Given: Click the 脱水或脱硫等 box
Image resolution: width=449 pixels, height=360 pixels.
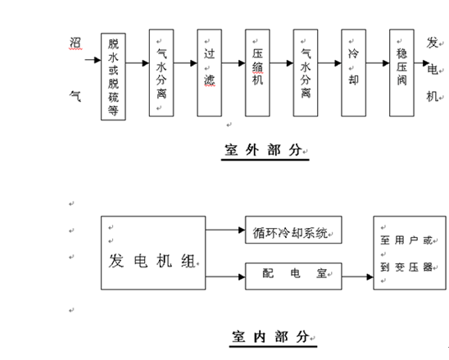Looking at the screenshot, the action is coord(113,76).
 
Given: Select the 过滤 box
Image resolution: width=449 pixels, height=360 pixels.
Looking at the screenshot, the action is coord(209,73).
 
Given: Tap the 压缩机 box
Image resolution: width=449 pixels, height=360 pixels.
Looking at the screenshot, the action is coord(257,73).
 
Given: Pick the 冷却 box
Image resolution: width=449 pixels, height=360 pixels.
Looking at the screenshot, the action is coord(354,73).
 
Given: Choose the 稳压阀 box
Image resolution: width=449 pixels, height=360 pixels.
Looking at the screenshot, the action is coord(401,73).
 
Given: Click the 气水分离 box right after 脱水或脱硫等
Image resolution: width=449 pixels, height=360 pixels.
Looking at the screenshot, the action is coord(161,73).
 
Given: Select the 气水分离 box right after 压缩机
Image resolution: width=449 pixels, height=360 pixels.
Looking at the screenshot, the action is coord(306,73).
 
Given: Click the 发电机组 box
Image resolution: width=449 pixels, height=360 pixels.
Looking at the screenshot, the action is coord(153,253).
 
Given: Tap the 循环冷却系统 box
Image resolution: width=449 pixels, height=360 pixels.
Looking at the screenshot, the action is coord(293,230).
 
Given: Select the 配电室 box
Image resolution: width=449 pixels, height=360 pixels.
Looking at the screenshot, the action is coord(293,276).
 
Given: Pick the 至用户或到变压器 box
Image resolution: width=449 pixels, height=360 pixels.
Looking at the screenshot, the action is coord(410,253).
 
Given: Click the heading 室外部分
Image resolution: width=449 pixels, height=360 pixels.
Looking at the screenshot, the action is coord(263,150).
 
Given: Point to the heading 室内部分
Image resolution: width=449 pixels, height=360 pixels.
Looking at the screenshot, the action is coord(270,336).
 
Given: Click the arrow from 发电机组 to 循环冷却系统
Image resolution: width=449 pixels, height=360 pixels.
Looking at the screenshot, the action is coord(225,230).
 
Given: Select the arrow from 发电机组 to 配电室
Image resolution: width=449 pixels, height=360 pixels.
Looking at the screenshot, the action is coord(225,277).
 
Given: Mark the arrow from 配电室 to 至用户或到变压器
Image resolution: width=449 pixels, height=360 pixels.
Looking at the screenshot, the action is coord(358,277).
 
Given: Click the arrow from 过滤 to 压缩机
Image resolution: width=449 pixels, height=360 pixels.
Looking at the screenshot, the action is coord(234,63).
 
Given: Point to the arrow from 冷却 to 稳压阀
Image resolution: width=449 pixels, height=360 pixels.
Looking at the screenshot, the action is coord(378,63).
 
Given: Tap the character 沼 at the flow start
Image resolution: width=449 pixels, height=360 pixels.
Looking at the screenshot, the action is coord(75,43).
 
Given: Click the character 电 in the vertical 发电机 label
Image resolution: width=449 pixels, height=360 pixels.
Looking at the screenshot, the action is coord(433,70).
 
